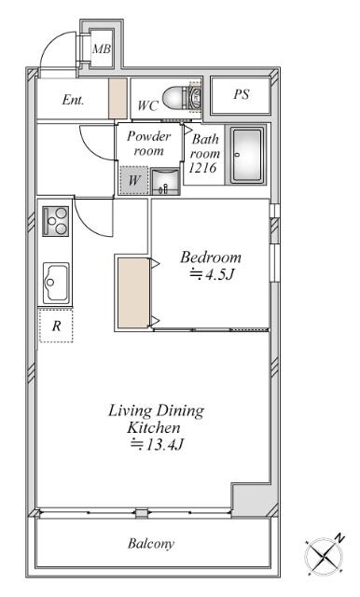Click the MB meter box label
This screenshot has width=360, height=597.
coord(102,49)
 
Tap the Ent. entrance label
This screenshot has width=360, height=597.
coord(73,100)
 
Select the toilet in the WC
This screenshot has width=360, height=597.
coord(181,97)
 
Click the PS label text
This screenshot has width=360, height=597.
coord(242,94)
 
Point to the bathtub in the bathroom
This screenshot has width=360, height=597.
coord(247,155)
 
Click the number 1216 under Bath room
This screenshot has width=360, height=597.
coord(202,168)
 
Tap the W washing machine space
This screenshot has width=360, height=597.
coord(133,180)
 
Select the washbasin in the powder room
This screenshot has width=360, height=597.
coord(165,182)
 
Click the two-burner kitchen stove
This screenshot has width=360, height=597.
coord(56,221)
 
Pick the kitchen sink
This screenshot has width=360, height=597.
coord(56,283)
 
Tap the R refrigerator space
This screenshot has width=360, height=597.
coord(56,326)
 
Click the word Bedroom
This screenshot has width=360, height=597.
coord(211,257)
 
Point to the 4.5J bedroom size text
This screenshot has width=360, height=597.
coord(211,274)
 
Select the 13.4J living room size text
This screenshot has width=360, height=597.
coord(158,444)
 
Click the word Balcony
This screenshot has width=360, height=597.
coord(151,543)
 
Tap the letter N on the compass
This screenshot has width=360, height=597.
coord(339,538)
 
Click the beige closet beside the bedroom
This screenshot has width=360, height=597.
coord(133,293)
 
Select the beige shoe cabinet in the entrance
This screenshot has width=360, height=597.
coord(118,98)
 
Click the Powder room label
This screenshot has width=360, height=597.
coord(148,143)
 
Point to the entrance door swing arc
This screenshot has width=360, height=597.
coord(52,42)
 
